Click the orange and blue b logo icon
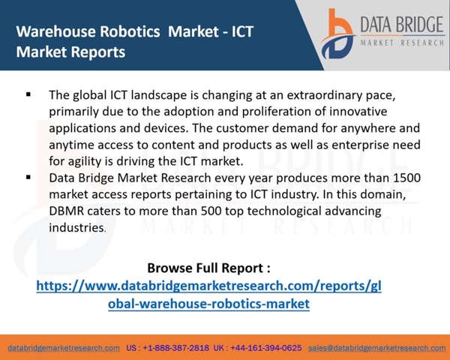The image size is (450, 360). (338, 34)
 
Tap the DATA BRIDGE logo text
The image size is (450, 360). (402, 25)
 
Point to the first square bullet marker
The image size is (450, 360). (28, 94)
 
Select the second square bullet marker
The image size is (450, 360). (28, 177)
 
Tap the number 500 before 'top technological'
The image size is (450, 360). (211, 211)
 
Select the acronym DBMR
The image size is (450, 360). (66, 211)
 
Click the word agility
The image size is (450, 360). (84, 161)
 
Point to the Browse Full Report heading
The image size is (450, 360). (208, 268)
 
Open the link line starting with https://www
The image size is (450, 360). (208, 286)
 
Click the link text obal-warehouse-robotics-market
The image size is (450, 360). (208, 304)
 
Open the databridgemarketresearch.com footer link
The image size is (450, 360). (64, 348)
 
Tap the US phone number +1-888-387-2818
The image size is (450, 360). (176, 348)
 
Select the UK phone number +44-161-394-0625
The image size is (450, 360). (265, 348)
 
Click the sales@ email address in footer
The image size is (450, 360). (376, 348)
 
